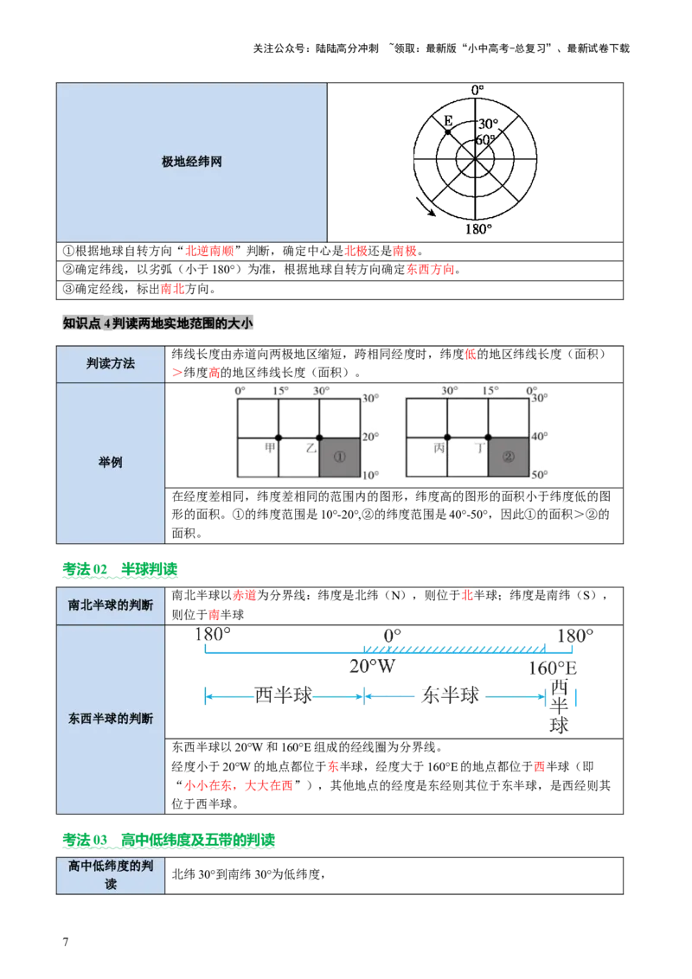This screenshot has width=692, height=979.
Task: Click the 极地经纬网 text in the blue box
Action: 192,162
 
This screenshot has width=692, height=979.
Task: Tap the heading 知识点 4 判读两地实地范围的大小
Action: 158,323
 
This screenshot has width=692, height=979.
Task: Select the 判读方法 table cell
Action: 111,364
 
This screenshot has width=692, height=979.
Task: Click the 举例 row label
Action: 111,463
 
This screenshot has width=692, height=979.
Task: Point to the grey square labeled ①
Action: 339,458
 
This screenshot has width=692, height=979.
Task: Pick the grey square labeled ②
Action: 508,458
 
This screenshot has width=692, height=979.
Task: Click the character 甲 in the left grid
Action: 270,447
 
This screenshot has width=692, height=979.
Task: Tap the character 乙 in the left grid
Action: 311,448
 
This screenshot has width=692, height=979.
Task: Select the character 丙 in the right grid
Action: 439,448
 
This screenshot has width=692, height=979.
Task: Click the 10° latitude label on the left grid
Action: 371,476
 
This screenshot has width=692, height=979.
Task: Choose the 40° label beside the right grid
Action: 541,437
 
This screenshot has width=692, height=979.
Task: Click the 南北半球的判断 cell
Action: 111,605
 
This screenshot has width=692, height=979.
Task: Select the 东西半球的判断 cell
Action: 111,718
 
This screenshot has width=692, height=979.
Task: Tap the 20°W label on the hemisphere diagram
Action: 372,668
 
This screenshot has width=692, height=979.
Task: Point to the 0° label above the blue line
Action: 390,636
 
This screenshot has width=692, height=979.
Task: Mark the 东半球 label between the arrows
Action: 450,696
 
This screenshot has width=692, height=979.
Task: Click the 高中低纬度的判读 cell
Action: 111,874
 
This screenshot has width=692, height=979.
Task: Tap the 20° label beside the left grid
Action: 371,437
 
